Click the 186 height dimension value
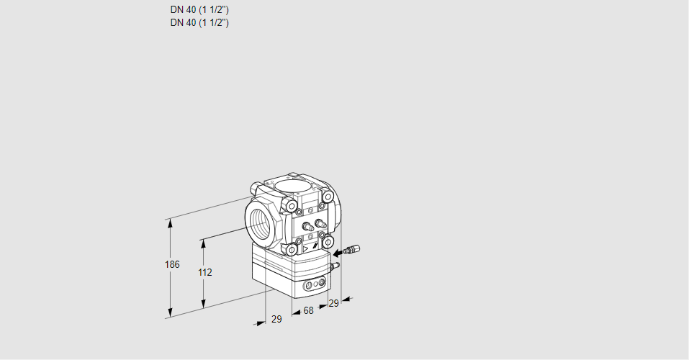pyautogui.click(x=171, y=265)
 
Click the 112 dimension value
pyautogui.click(x=205, y=272)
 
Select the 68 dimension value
pyautogui.click(x=308, y=311)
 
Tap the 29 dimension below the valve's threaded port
pyautogui.click(x=276, y=319)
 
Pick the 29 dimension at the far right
pyautogui.click(x=333, y=303)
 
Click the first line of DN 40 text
pyautogui.click(x=199, y=10)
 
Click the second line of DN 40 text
pyautogui.click(x=199, y=22)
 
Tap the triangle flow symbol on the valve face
pyautogui.click(x=307, y=247)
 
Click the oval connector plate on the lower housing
pyautogui.click(x=314, y=286)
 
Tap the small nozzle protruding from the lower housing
pyautogui.click(x=333, y=266)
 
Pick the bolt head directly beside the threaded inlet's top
pyautogui.click(x=291, y=207)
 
